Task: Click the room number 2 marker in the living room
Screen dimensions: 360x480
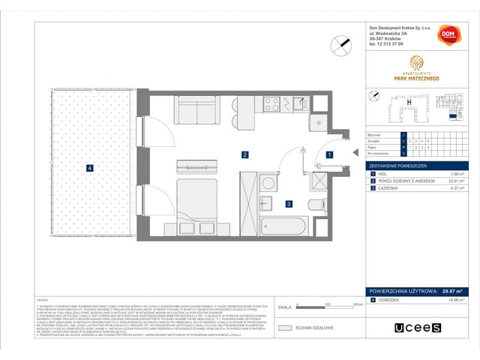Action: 244,155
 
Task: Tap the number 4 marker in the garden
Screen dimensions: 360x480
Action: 89,168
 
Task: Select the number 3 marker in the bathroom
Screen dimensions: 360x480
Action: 288,202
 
